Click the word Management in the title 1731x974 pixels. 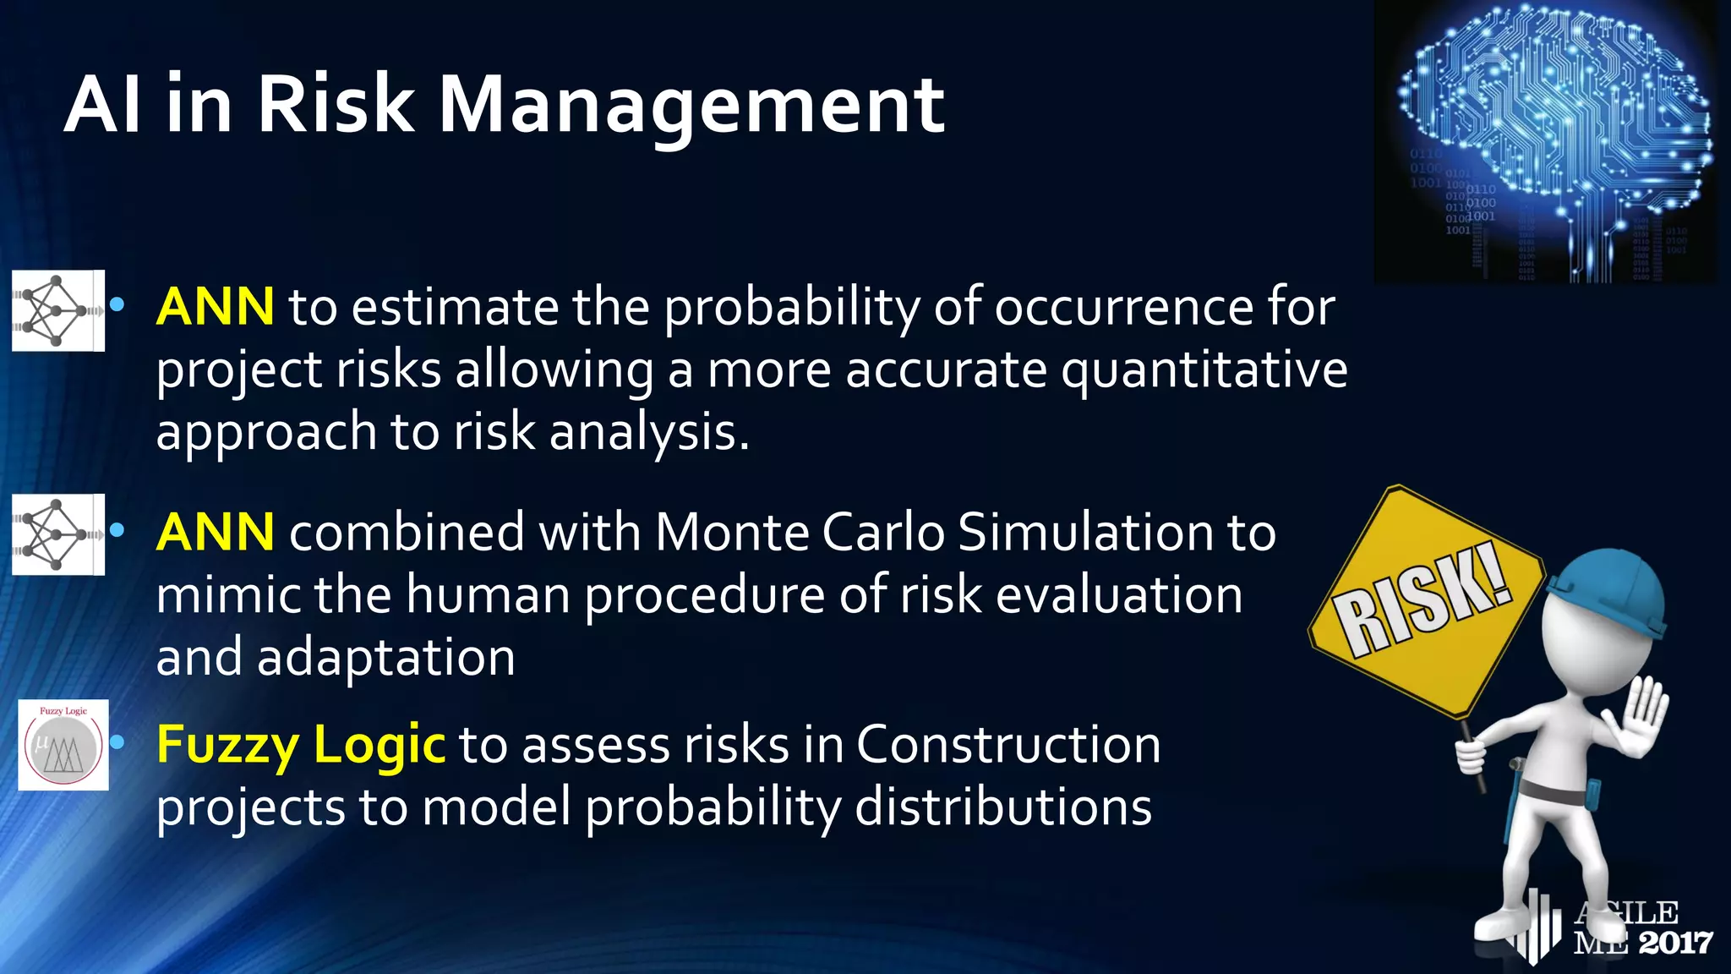pos(691,106)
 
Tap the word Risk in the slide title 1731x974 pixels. pos(336,104)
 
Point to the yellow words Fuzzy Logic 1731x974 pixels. pos(301,745)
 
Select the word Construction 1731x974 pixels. pos(1008,745)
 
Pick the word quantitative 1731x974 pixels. pos(1204,369)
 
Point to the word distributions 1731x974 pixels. pos(1003,807)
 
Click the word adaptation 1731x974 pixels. pos(386,657)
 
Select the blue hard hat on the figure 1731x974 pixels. pos(1610,592)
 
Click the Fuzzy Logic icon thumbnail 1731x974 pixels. pos(63,745)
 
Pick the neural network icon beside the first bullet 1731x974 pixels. pos(57,310)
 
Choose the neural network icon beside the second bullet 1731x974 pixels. pos(57,534)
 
